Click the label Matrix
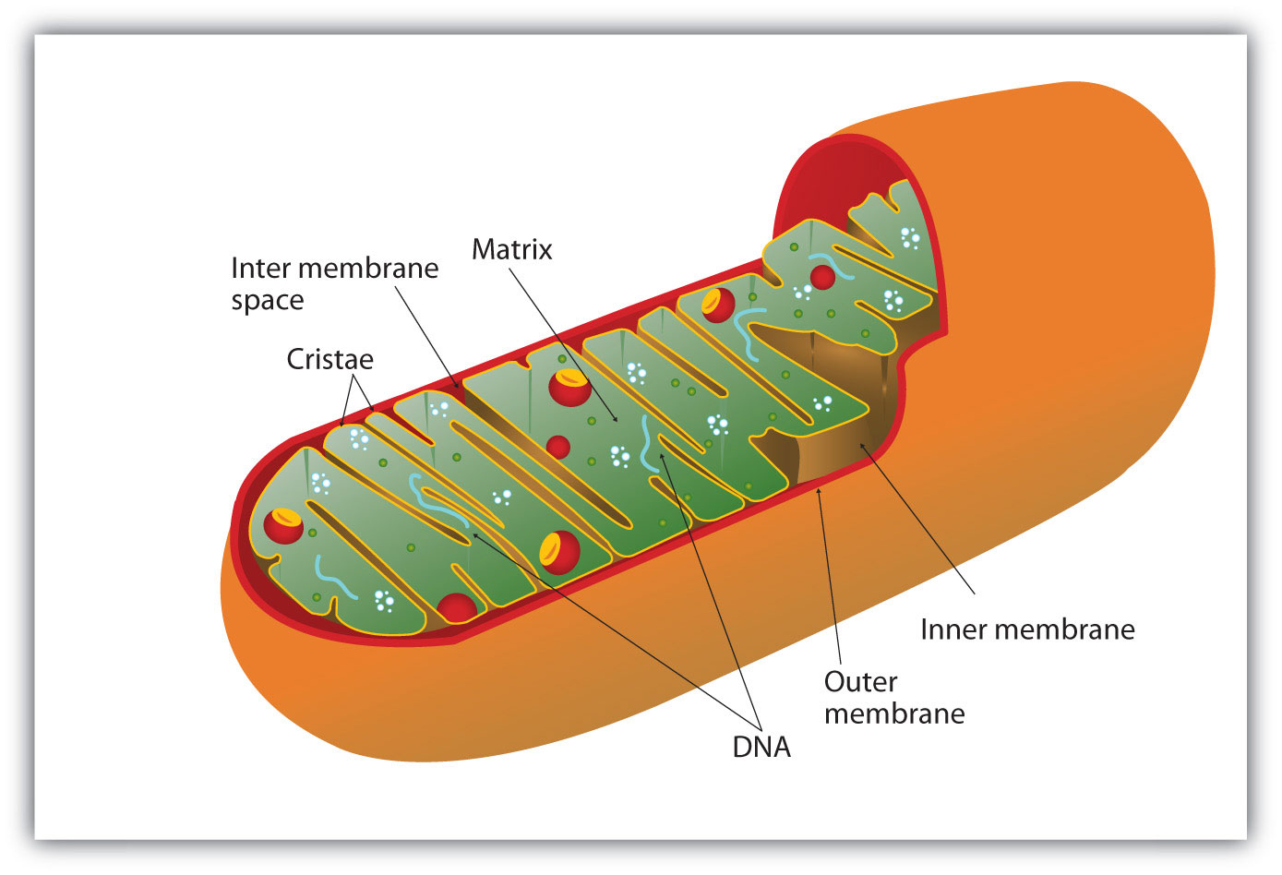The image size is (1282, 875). (511, 249)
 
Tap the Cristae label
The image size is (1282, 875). (329, 359)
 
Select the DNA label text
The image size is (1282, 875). (761, 747)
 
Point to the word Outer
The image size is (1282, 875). (860, 682)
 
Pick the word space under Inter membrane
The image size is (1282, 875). (267, 301)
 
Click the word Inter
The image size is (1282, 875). (260, 269)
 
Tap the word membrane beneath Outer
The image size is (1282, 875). (894, 713)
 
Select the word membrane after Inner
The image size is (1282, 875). (1071, 629)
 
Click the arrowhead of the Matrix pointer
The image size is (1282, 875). (617, 421)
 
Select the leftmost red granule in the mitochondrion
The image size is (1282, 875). (283, 524)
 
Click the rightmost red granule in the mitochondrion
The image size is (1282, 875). (821, 275)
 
